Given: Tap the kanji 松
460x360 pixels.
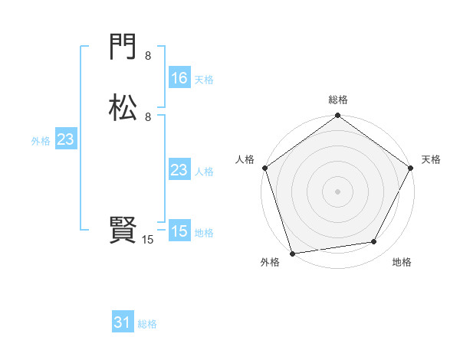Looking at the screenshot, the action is (x=123, y=107).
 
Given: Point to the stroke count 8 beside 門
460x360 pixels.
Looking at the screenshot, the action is (x=148, y=56).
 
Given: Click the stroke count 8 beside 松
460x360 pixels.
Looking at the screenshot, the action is (x=148, y=116).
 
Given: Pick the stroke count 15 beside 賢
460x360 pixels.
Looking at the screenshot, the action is (x=148, y=240).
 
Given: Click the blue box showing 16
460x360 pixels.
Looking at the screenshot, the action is (x=179, y=78).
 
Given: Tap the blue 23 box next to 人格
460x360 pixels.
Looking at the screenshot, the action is (x=179, y=170).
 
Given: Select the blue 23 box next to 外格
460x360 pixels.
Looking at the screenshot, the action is (x=65, y=139).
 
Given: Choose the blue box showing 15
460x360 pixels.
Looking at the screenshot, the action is (x=179, y=231).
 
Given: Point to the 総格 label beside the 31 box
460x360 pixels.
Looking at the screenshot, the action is (x=147, y=325).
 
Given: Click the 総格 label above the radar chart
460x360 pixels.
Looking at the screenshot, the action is (x=338, y=100).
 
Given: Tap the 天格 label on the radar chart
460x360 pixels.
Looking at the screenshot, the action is (x=431, y=159).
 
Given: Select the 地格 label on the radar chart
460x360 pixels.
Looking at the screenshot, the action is (x=402, y=262).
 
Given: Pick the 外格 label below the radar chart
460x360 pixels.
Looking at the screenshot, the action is (x=270, y=262).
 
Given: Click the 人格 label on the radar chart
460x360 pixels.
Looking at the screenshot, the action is (x=245, y=159).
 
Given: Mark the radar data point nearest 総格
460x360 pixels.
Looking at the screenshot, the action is (x=337, y=116).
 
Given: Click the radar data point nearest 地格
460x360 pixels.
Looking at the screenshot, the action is (x=374, y=242).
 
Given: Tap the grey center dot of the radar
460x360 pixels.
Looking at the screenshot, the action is (x=337, y=191).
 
